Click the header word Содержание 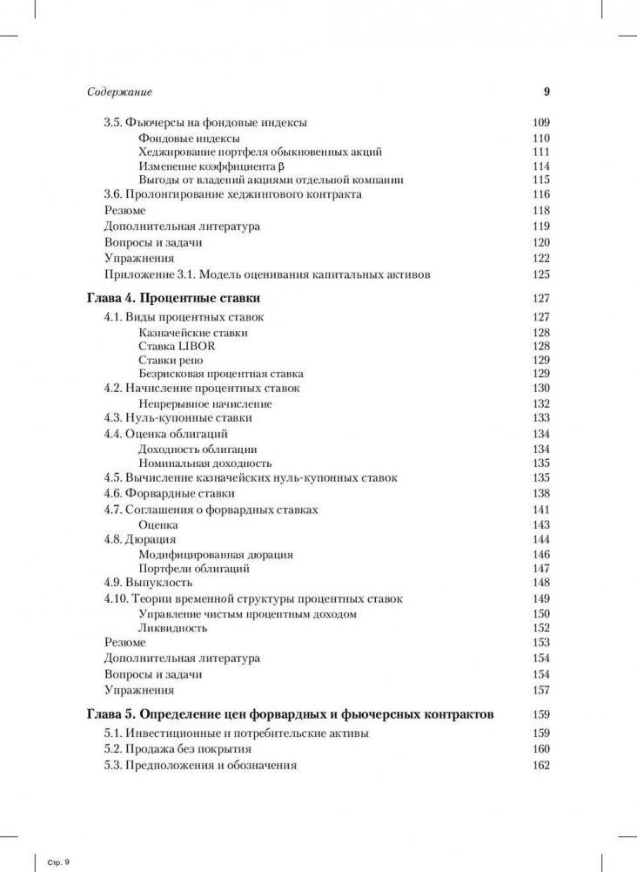coord(119,92)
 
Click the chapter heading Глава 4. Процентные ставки coord(174,298)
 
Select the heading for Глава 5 coord(291,713)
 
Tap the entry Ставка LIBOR coord(177,346)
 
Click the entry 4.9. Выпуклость coord(148,582)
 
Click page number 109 coord(540,123)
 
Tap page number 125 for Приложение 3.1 coord(540,274)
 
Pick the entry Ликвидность coord(172,627)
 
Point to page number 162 coord(540,765)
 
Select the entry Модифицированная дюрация coord(215,554)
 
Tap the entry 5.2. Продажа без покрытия coord(178,749)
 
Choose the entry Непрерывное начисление coord(205,403)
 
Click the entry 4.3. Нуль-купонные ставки coord(174,418)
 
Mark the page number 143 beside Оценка coord(540,524)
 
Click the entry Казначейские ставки coord(192,332)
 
